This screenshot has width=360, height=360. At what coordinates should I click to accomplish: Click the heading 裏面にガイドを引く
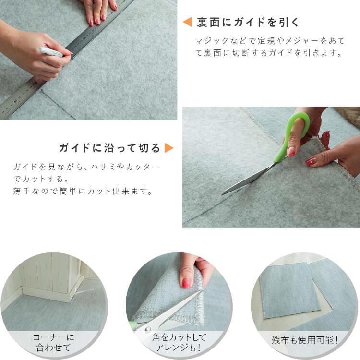[248, 22]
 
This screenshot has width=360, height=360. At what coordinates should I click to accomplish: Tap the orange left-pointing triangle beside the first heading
[188, 22]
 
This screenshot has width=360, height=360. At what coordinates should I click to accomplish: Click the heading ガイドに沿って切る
[109, 147]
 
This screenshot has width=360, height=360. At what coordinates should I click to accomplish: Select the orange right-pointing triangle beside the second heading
[168, 147]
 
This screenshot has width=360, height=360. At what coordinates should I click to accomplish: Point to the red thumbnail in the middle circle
[186, 283]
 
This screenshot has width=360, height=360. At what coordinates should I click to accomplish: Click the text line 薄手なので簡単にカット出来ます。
[83, 192]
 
